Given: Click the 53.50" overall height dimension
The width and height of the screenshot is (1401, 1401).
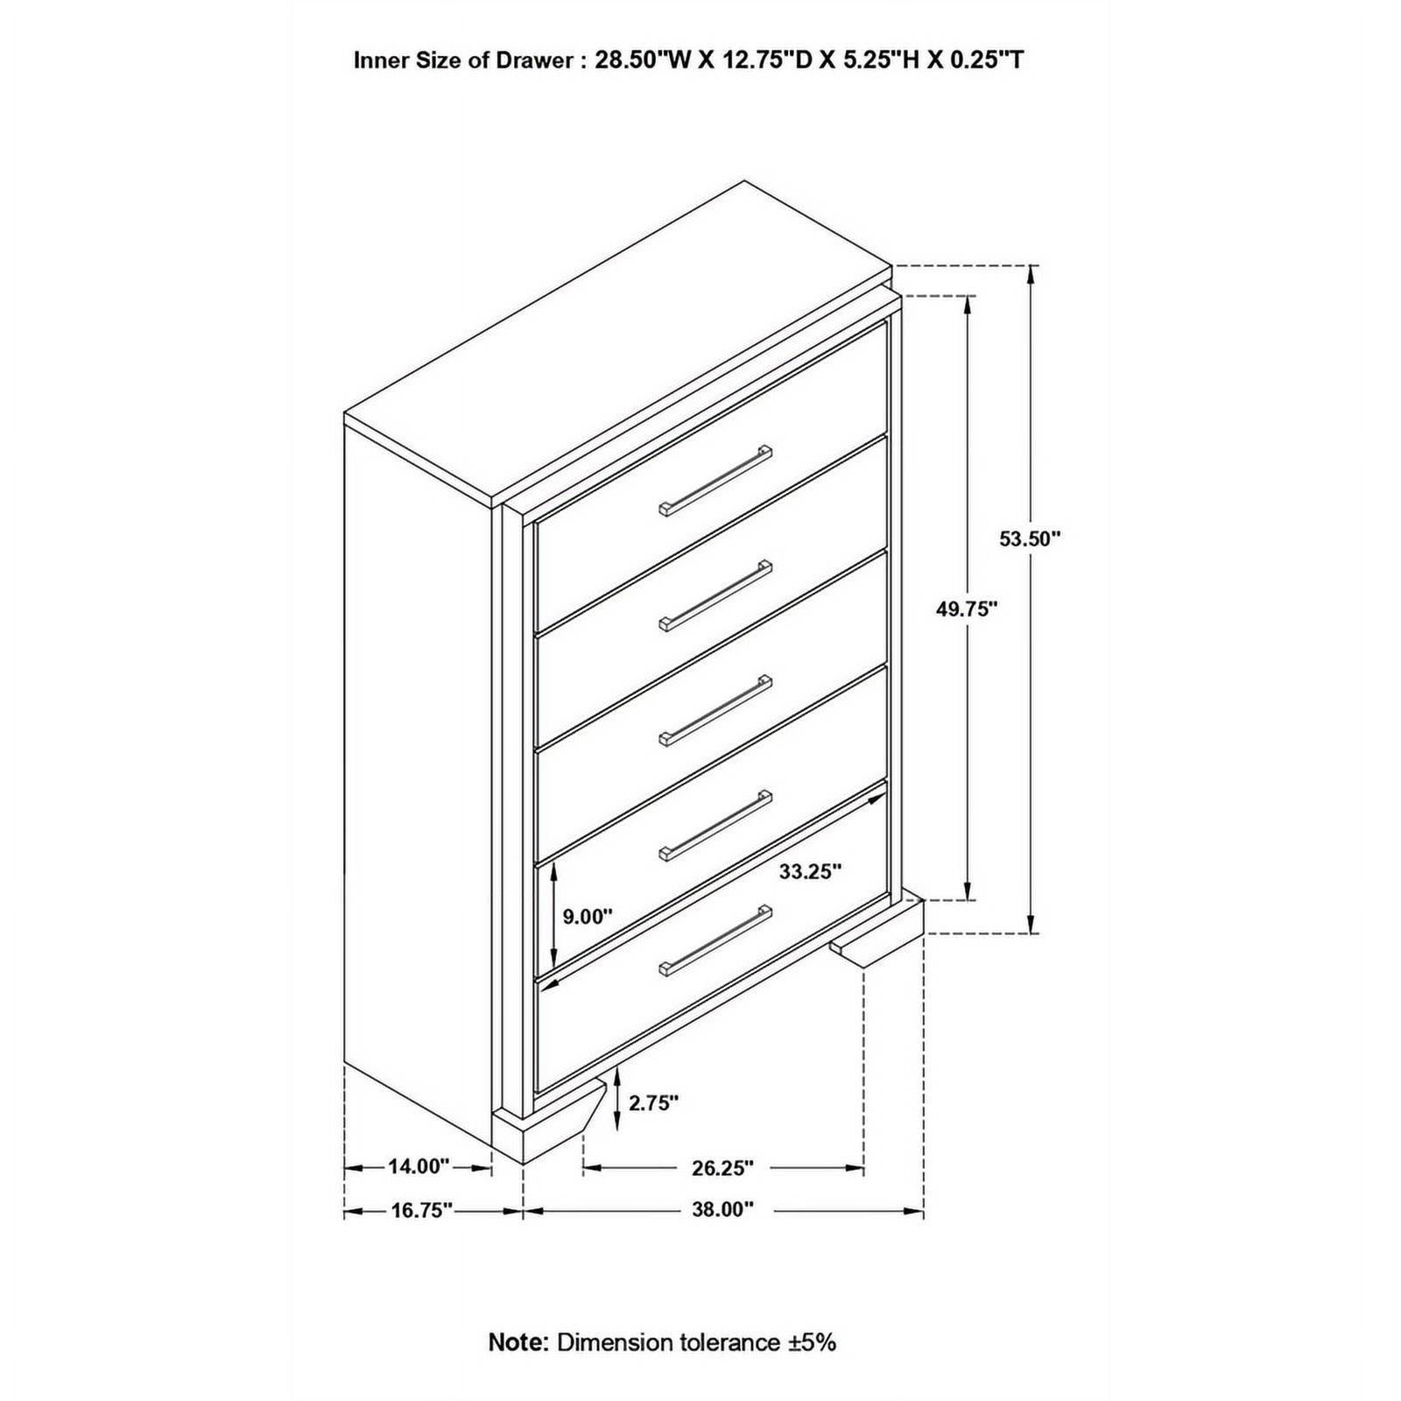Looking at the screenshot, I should point(1030,539).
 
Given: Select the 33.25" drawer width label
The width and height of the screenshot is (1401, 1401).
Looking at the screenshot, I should point(810,871).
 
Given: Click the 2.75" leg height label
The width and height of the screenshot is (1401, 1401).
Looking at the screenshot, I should point(653,1102).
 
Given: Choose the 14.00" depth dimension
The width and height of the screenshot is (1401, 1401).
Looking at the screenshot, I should point(419,1166).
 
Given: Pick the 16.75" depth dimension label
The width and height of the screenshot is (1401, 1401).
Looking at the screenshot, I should point(421,1210).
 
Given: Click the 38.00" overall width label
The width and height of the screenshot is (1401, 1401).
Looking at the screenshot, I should point(722,1210).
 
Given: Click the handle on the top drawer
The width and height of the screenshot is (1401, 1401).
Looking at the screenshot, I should point(715,481).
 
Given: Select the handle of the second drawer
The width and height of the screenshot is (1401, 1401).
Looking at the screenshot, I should point(715,595).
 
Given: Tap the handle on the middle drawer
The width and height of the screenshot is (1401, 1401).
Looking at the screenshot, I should point(715,710).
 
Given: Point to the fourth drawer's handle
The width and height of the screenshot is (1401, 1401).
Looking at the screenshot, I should point(715,826).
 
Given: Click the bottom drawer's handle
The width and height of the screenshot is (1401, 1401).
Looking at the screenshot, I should point(715,941).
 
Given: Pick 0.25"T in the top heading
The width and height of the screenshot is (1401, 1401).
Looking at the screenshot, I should point(982,60).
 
